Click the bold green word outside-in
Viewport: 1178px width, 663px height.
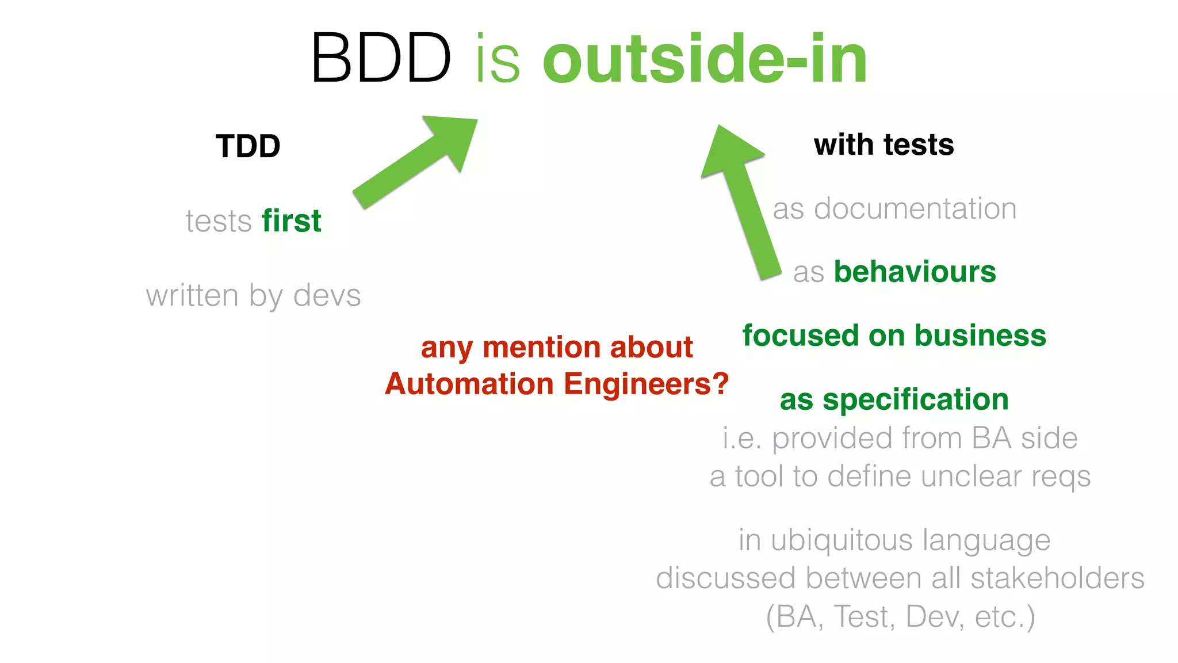pos(705,59)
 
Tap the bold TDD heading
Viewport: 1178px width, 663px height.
pos(248,146)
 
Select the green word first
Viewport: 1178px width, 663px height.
pos(292,221)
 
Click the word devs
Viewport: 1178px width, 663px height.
pos(327,296)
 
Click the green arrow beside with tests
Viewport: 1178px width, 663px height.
pos(742,201)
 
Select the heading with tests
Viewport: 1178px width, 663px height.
pos(883,144)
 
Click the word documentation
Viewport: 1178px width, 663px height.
pos(915,208)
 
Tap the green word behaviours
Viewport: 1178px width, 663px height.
pos(915,272)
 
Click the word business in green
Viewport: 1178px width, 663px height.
pos(980,336)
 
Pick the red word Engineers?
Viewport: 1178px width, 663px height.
pos(647,384)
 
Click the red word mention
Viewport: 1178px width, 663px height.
pos(543,348)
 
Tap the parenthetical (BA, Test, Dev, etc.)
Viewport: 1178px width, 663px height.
pos(900,617)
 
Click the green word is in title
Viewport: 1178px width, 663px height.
pos(498,59)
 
